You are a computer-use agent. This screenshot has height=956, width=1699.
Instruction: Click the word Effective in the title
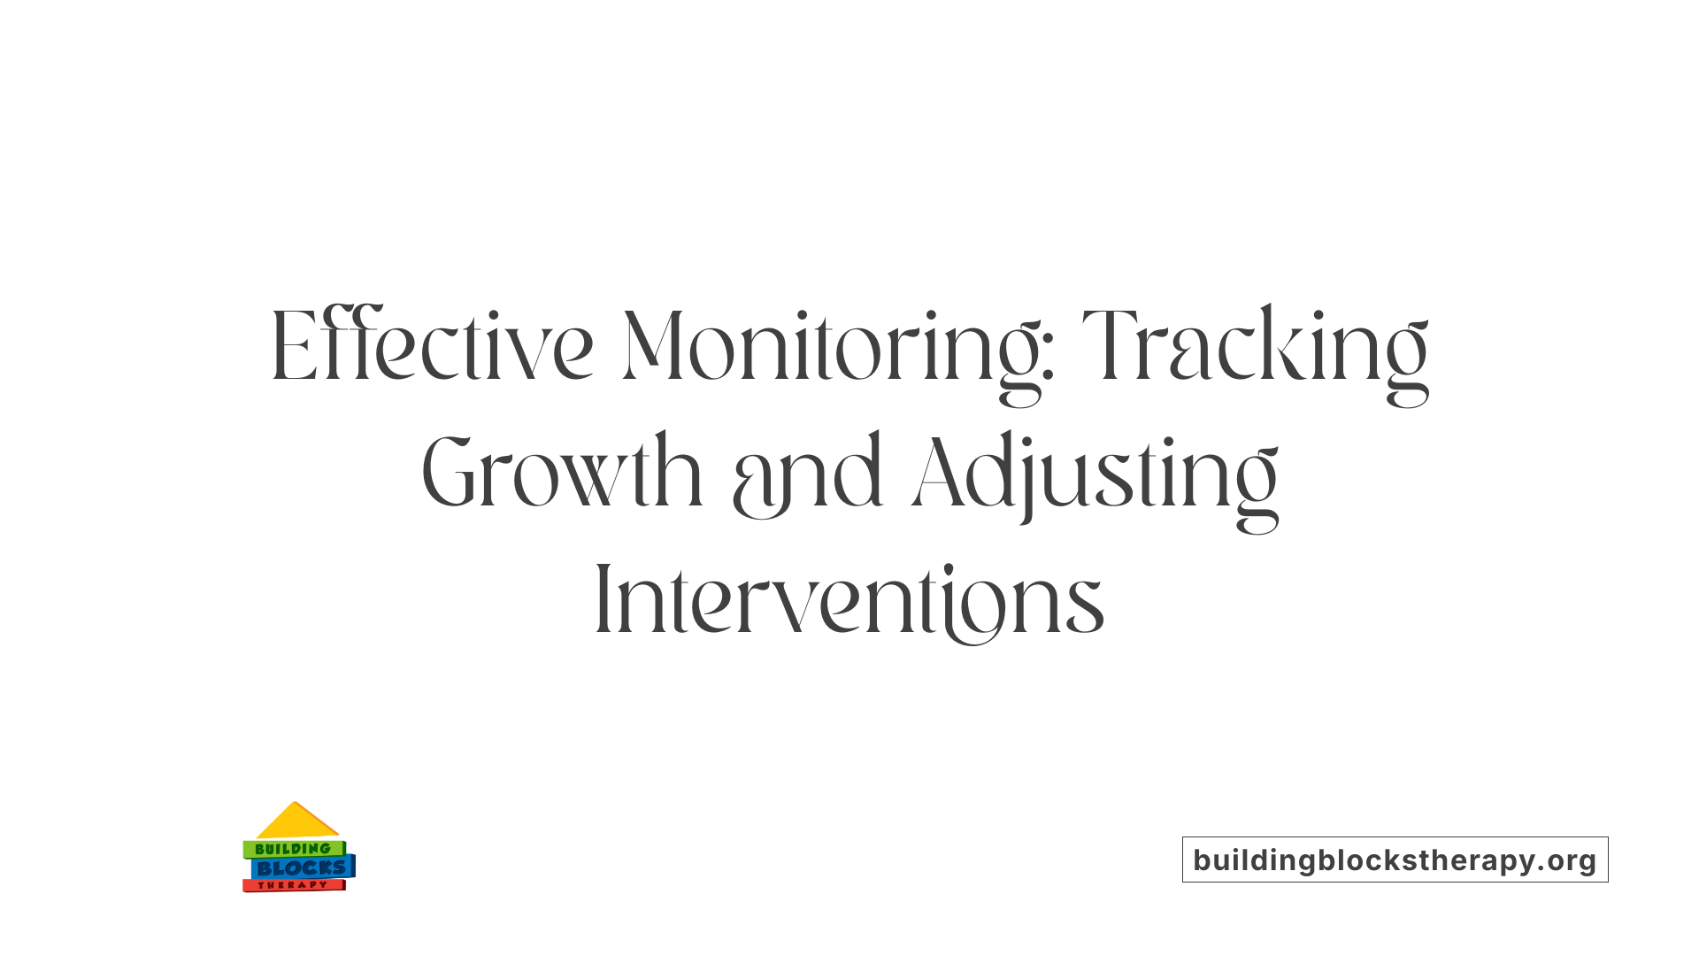click(x=432, y=347)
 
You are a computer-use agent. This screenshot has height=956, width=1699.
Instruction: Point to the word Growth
click(x=562, y=474)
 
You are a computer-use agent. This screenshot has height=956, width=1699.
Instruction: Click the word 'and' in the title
click(x=807, y=478)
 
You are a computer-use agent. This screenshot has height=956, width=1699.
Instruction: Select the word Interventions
click(x=849, y=602)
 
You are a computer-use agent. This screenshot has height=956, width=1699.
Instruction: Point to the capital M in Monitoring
click(x=653, y=347)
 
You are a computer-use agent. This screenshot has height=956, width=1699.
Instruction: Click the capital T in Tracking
click(x=1111, y=347)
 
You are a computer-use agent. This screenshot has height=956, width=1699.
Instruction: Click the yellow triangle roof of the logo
click(x=296, y=821)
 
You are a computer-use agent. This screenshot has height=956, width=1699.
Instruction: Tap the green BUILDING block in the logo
click(x=293, y=849)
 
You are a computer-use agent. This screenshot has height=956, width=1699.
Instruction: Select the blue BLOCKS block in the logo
click(x=302, y=867)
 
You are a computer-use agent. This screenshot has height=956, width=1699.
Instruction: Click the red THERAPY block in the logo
click(x=293, y=885)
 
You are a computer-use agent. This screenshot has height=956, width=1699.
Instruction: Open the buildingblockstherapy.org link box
click(x=1395, y=860)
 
